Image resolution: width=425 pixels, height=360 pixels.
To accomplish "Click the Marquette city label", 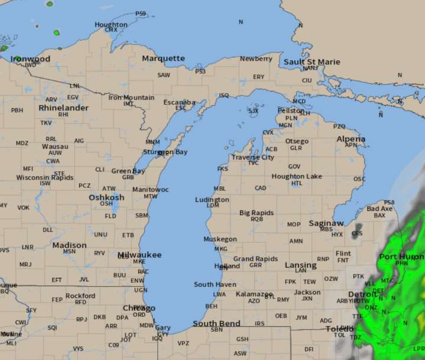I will (x=163, y=59).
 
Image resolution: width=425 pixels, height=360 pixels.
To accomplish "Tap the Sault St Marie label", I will (x=312, y=62).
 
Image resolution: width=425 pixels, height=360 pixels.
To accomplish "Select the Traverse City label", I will (x=252, y=157).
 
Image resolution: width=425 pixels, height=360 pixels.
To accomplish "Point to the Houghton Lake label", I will (x=297, y=177).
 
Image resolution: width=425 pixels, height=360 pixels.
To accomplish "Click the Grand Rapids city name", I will (x=255, y=259).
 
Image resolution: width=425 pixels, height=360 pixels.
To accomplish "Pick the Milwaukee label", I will (x=139, y=255).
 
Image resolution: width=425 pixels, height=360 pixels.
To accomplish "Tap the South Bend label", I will (x=216, y=323).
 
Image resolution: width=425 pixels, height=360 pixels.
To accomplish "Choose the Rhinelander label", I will (x=63, y=108).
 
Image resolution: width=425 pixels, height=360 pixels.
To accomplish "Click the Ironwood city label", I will (x=30, y=59).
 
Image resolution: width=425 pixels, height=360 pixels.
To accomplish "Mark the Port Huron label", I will (x=401, y=257).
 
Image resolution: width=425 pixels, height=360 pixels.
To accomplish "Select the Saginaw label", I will (x=326, y=223).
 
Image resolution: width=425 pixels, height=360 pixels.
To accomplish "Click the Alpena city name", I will (x=351, y=139).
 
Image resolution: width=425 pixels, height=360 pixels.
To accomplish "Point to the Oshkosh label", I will (x=106, y=197).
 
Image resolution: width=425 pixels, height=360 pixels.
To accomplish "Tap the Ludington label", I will (x=212, y=200).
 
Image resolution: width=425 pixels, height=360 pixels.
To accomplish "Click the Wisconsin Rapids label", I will (x=45, y=177).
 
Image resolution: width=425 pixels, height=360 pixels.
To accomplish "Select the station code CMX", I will (x=111, y=30).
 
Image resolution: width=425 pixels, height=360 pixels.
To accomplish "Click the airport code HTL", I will (x=297, y=183).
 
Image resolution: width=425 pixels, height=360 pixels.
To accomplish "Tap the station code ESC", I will (x=180, y=108).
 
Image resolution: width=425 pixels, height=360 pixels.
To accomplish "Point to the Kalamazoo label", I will (x=254, y=294).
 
